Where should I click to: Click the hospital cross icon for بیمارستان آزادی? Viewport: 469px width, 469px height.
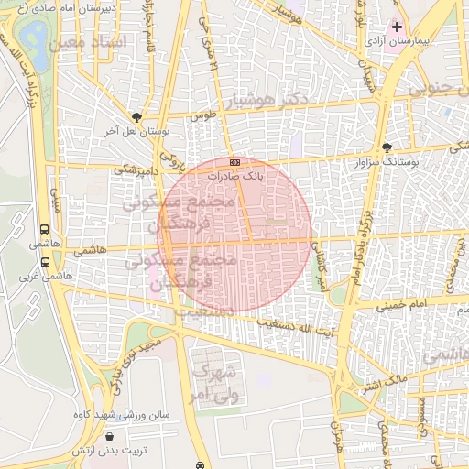click(397, 27)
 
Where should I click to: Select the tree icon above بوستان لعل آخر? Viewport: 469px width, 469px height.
click(137, 117)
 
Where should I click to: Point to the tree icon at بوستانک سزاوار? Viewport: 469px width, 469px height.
click(387, 147)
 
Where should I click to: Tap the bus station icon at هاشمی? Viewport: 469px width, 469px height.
click(45, 231)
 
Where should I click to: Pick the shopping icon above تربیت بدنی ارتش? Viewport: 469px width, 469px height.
click(111, 438)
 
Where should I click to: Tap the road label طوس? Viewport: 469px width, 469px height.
click(201, 117)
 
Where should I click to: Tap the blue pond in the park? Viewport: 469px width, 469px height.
click(36, 36)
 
